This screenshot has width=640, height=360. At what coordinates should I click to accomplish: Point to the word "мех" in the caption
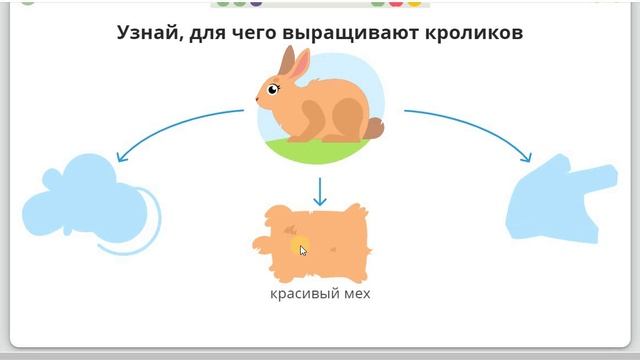354,293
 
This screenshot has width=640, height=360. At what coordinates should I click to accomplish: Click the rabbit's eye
273,90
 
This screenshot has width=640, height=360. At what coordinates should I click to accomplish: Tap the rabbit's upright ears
292,63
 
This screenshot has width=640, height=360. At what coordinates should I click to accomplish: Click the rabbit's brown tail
374,128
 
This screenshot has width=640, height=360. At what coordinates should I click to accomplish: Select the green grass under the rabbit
320,151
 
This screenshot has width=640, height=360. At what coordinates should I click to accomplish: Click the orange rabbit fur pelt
320,240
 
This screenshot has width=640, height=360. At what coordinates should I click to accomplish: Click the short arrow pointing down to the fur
320,191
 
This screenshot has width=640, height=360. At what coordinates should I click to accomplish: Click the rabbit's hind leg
345,125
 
